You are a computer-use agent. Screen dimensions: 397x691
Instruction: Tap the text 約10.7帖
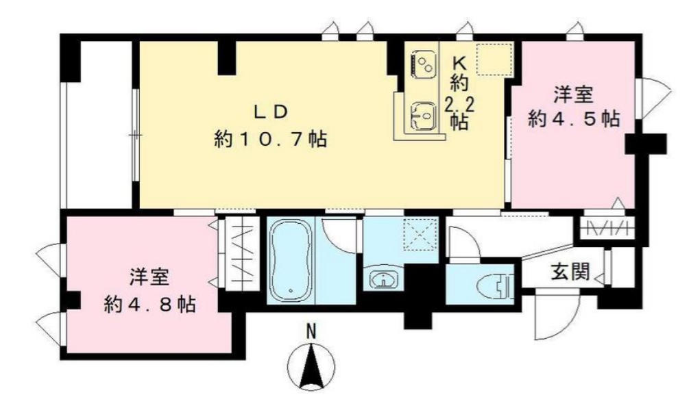point(269,140)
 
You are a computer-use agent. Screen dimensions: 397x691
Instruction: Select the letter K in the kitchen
point(459,63)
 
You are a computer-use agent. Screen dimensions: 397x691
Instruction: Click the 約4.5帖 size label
point(574,119)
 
